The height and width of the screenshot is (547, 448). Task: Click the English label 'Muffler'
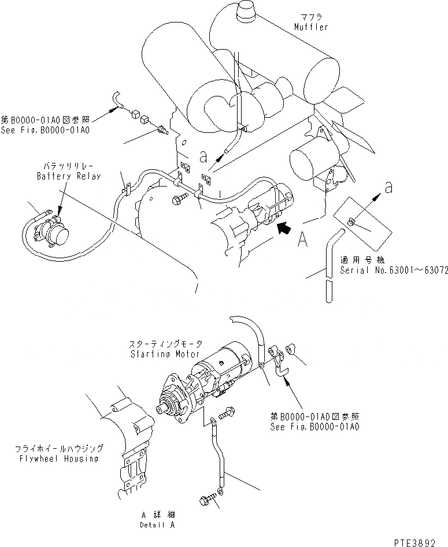(x=310, y=27)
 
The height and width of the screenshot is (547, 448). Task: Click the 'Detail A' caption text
(x=157, y=525)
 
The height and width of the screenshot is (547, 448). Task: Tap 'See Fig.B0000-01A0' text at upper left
(x=45, y=131)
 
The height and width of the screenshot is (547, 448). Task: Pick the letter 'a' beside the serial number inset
(x=389, y=187)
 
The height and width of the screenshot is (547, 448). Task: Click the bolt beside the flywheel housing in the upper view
(x=178, y=199)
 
